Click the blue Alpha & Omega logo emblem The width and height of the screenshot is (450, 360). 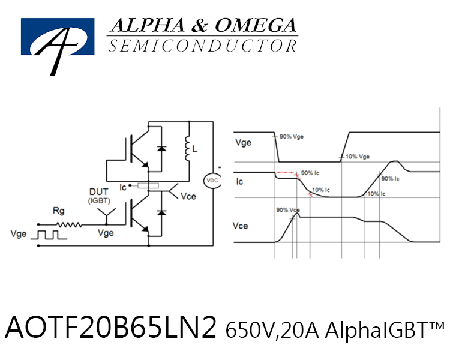pyautogui.click(x=58, y=37)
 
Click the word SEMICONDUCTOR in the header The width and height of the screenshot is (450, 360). pyautogui.click(x=203, y=46)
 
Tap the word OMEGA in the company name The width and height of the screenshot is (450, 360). pyautogui.click(x=256, y=25)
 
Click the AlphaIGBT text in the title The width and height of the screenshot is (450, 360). pyautogui.click(x=385, y=329)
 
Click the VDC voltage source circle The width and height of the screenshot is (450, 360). pyautogui.click(x=212, y=181)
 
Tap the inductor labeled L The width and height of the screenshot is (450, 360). pyautogui.click(x=187, y=148)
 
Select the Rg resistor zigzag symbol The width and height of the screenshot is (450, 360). pyautogui.click(x=69, y=224)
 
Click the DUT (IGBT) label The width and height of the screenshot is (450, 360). pyautogui.click(x=99, y=196)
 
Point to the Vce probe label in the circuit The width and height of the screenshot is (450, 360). pyautogui.click(x=188, y=196)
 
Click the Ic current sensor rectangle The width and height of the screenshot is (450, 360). pyautogui.click(x=148, y=186)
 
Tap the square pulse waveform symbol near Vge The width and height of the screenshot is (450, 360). pyautogui.click(x=49, y=235)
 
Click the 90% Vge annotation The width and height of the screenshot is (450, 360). pyautogui.click(x=291, y=137)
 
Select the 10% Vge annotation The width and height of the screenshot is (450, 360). pyautogui.click(x=358, y=157)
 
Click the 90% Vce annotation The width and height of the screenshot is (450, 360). pyautogui.click(x=288, y=210)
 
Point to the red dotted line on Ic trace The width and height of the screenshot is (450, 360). pyautogui.click(x=286, y=173)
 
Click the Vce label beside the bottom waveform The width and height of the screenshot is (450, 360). pyautogui.click(x=240, y=226)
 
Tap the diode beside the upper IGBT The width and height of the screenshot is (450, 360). pyautogui.click(x=161, y=148)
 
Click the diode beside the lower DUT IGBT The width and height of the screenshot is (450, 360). pyautogui.click(x=161, y=212)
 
